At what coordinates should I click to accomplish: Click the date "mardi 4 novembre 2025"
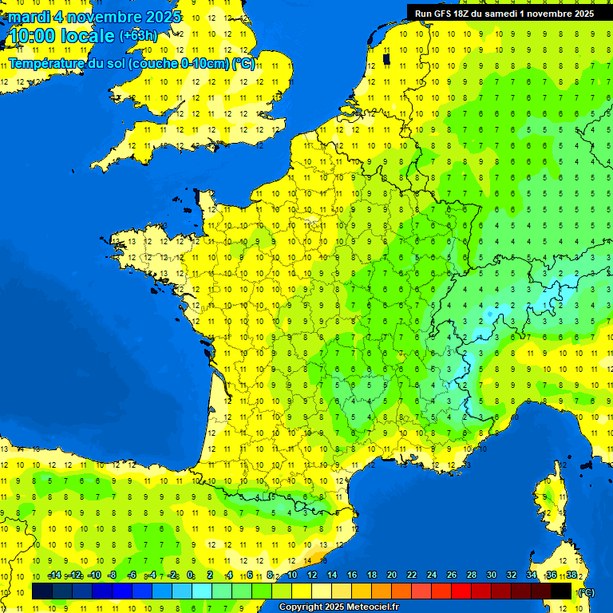[x=94, y=18]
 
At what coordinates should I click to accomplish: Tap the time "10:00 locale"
[x=61, y=36]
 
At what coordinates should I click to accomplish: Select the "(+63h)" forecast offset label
[x=139, y=36]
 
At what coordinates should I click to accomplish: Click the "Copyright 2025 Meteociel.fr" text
[x=338, y=607]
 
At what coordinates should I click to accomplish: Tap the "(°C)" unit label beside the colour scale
[x=585, y=591]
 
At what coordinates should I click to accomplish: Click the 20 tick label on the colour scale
[x=391, y=575]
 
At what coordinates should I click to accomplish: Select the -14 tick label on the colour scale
[x=54, y=575]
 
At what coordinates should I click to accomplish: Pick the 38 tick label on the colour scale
[x=571, y=575]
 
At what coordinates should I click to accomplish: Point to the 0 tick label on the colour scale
[x=191, y=575]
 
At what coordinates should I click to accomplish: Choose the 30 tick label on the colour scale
[x=491, y=575]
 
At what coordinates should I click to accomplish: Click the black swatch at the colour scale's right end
[x=561, y=591]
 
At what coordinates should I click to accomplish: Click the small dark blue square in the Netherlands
[x=386, y=58]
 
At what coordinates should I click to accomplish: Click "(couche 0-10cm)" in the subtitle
[x=182, y=64]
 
